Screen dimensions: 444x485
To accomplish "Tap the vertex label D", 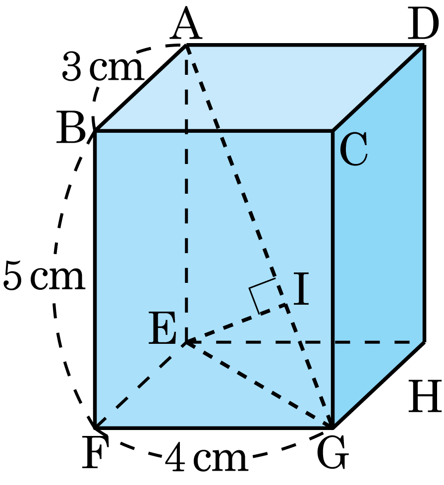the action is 423,25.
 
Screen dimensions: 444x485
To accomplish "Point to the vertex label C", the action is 354,149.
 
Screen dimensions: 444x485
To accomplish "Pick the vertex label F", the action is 95,452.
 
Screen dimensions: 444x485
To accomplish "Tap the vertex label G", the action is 333,452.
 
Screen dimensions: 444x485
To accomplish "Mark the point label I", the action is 301,289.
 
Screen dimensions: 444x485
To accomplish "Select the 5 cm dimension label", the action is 44,275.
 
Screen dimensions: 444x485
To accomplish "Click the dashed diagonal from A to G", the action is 259,236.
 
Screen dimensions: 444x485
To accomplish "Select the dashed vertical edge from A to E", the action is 186,194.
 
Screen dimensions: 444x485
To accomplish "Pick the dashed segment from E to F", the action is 140,385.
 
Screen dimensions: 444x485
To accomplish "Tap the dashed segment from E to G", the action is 259,385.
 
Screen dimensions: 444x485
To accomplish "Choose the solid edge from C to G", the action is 333,279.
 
